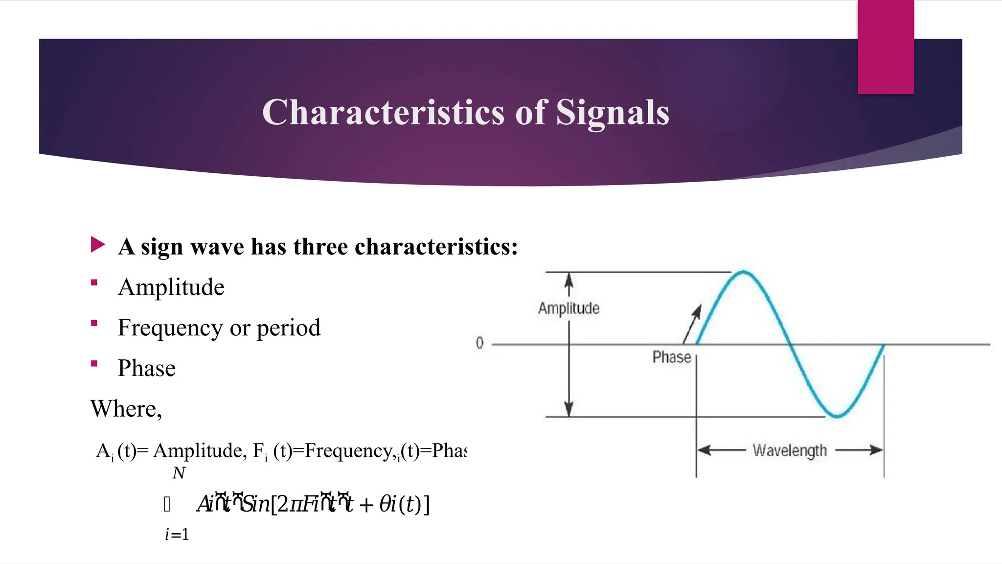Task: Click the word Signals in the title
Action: pos(612,113)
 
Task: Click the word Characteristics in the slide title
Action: pos(383,113)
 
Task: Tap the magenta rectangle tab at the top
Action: pos(886,47)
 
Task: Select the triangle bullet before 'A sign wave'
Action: pos(97,245)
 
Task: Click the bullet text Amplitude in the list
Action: pos(171,287)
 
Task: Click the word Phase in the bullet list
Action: pos(146,368)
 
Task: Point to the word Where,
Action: pos(126,409)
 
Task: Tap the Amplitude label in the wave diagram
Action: pos(569,308)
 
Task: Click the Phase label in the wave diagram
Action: pos(672,357)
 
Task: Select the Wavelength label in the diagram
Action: pos(790,450)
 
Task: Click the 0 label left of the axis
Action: pos(479,343)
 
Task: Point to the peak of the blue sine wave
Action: pos(743,272)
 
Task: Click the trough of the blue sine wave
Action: pos(837,416)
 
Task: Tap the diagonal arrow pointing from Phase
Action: pos(692,324)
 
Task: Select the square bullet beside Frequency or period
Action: pos(94,323)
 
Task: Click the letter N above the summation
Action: pos(179,473)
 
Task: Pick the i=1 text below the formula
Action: pos(177,535)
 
